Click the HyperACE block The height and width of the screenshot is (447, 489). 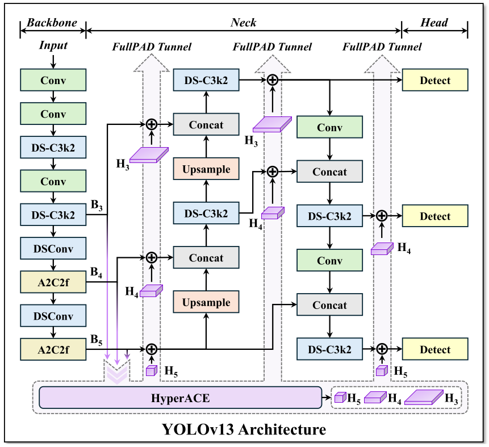[x=180, y=398]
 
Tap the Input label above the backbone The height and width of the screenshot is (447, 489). [x=53, y=45]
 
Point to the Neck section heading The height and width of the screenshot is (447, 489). [x=243, y=23]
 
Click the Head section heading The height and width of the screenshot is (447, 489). [x=434, y=23]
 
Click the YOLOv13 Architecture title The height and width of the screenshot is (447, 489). [x=244, y=429]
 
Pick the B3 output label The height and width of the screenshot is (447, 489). [x=97, y=206]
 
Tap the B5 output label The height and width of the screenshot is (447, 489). [x=97, y=341]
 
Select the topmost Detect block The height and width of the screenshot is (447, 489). [x=434, y=81]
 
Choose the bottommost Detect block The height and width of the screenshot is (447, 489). [x=434, y=349]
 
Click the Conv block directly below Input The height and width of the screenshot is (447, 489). [x=53, y=81]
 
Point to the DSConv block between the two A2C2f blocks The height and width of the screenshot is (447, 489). [x=53, y=315]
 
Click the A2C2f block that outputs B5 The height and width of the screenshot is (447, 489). [x=53, y=349]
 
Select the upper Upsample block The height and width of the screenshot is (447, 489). [x=206, y=169]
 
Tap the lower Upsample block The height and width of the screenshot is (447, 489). [x=206, y=302]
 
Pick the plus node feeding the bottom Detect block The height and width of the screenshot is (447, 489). [x=382, y=349]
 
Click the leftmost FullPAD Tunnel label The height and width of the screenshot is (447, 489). [x=151, y=47]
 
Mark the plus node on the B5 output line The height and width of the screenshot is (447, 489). [x=151, y=349]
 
